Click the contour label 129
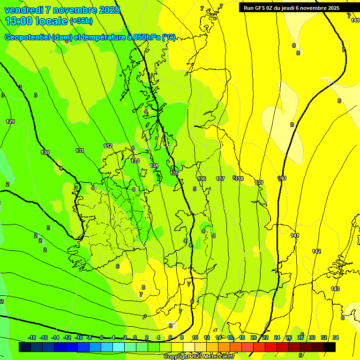pyautogui.click(x=10, y=122)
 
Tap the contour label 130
pyautogui.click(x=45, y=152)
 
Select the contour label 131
pyautogui.click(x=80, y=150)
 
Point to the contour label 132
pyautogui.click(x=108, y=146)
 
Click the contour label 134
pyautogui.click(x=154, y=166)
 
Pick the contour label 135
pyautogui.click(x=174, y=173)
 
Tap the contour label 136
pyautogui.click(x=202, y=179)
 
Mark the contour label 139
pyautogui.click(x=259, y=182)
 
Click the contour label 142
pyautogui.click(x=316, y=252)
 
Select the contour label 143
pyautogui.click(x=335, y=289)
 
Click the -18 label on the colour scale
pyautogui.click(x=32, y=337)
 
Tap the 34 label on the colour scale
pyautogui.click(x=335, y=337)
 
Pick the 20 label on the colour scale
pyautogui.click(x=253, y=337)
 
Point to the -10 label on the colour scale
pyautogui.click(x=79, y=337)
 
